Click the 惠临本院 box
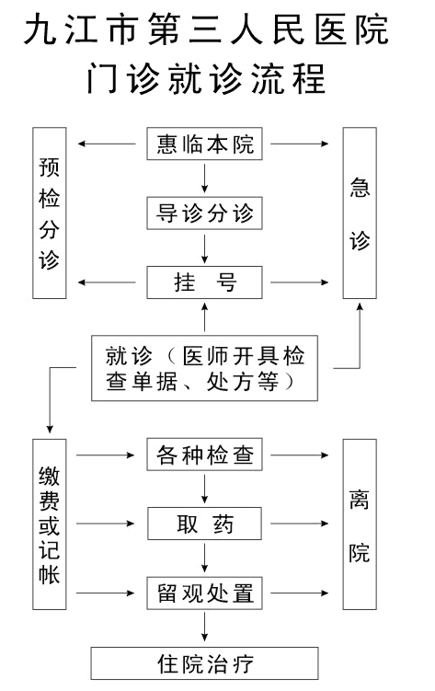(x=204, y=144)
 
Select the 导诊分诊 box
(x=204, y=213)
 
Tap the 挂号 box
(x=204, y=282)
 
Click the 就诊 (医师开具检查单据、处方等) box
(x=204, y=368)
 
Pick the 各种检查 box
(x=204, y=455)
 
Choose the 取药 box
(x=204, y=524)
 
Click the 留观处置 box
(x=204, y=593)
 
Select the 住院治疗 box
(x=204, y=663)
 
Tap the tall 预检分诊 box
(x=50, y=213)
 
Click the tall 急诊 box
(x=360, y=213)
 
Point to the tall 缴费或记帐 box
(x=50, y=524)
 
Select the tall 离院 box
(x=360, y=524)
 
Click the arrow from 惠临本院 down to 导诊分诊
(x=204, y=179)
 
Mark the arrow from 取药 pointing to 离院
(x=300, y=524)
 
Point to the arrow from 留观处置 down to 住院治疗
(x=204, y=628)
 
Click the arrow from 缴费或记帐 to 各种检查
(x=105, y=455)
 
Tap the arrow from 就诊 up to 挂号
(x=204, y=317)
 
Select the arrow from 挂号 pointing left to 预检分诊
(x=107, y=282)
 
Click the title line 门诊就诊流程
(x=206, y=78)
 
